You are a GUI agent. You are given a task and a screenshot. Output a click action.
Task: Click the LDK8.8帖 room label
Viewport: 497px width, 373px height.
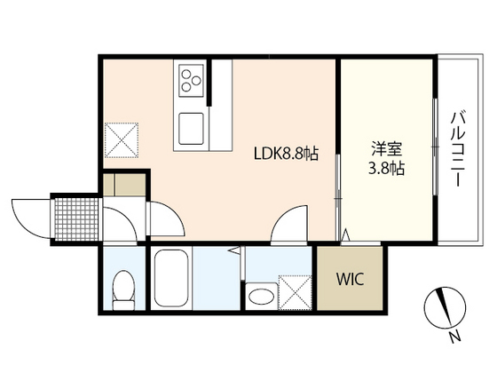coord(283,154)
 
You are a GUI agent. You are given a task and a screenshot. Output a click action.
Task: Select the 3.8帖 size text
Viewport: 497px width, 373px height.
coord(385,169)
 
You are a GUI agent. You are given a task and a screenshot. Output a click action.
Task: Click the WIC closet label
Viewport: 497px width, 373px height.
coord(349,277)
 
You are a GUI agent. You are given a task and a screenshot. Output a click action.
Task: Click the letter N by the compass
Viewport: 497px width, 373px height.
coord(454,337)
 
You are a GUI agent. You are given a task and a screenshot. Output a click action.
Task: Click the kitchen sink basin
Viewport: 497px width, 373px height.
coord(193,130)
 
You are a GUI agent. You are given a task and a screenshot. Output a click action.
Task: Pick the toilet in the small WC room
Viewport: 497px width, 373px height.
coord(124,286)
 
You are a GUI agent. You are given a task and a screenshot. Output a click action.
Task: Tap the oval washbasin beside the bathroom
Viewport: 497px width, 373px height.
coord(261,295)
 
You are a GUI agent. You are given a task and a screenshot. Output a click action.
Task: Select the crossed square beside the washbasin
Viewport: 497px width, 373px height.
coord(293,292)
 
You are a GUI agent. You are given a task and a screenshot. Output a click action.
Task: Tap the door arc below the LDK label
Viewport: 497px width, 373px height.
coord(288,225)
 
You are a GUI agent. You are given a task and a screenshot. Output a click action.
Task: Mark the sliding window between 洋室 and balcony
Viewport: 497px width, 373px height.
coord(436,147)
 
